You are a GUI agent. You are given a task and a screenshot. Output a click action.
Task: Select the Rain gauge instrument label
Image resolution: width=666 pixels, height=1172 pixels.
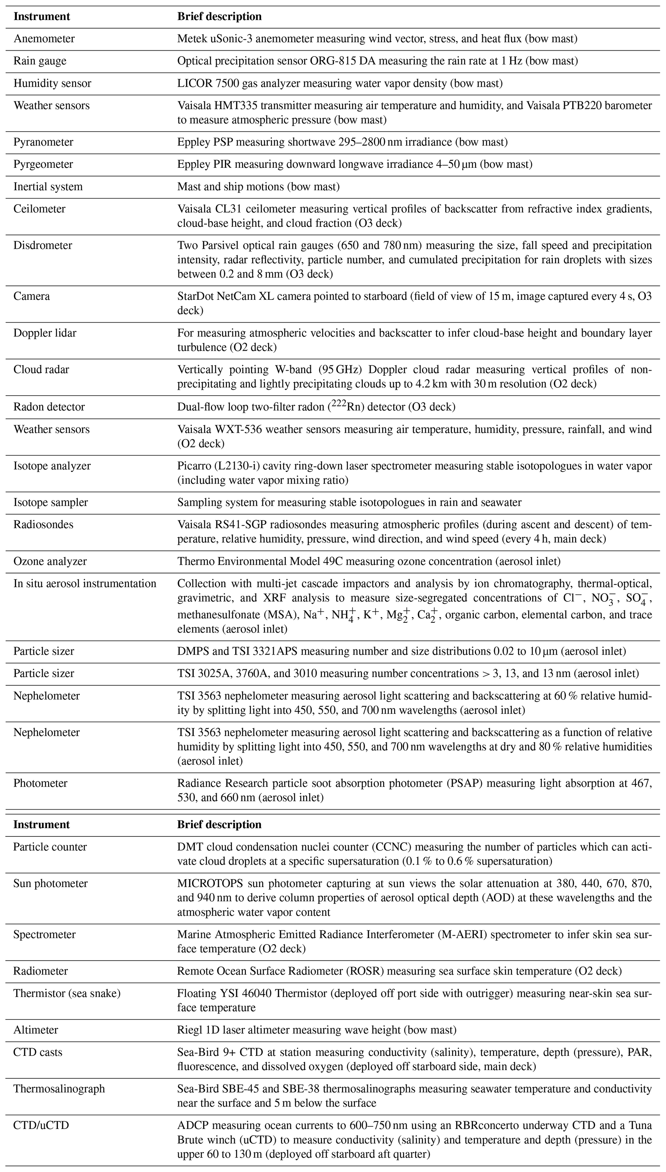[40, 61]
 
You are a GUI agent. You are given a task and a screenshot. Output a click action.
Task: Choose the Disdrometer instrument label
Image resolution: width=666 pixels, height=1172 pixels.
[43, 245]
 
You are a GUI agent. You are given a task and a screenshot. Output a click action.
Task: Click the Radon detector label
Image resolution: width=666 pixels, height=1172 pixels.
[49, 407]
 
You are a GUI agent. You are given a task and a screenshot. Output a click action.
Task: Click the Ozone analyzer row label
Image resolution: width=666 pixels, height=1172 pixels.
[50, 561]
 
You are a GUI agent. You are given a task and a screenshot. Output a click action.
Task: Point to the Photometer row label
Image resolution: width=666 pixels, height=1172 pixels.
[40, 783]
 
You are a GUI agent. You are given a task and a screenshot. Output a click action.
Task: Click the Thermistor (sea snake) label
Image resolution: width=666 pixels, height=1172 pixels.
[67, 993]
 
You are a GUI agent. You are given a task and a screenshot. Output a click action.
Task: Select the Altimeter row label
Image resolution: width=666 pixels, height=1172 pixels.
[36, 1030]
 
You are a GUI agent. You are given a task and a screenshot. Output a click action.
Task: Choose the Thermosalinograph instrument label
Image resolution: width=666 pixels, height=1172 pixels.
[59, 1089]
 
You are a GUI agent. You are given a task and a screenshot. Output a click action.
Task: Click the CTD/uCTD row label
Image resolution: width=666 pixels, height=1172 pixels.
[41, 1125]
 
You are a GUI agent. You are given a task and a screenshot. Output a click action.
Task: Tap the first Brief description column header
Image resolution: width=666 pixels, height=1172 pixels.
[219, 16]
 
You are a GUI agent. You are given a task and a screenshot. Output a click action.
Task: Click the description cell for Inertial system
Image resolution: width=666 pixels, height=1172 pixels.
[258, 186]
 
